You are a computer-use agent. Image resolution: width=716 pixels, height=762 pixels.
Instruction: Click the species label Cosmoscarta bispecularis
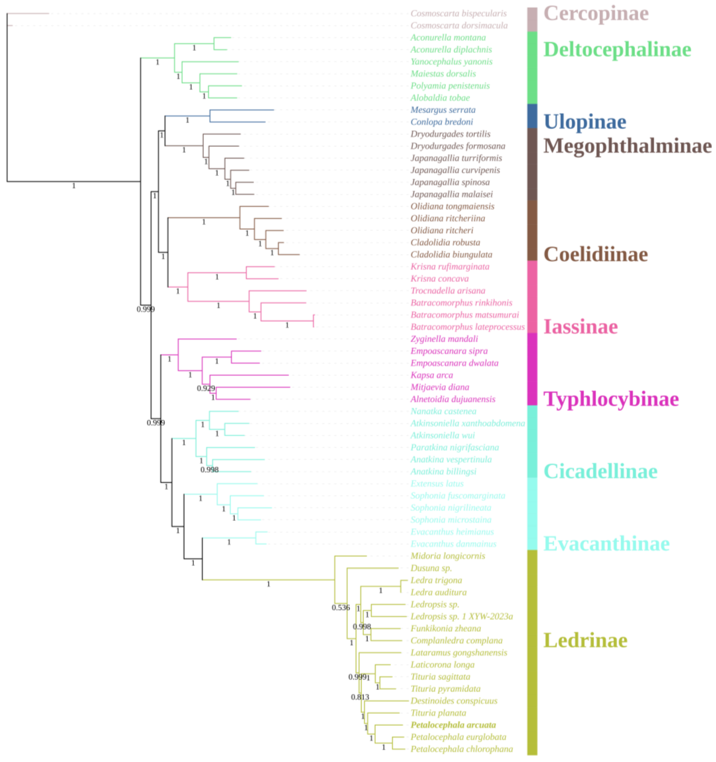[458, 13]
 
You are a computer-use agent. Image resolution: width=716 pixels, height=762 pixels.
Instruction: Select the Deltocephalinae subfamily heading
[617, 49]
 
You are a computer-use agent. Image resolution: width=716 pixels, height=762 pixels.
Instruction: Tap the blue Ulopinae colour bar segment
[532, 116]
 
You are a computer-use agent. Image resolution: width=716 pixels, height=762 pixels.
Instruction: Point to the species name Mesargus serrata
[443, 110]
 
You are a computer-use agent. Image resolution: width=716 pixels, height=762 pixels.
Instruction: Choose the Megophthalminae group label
[627, 146]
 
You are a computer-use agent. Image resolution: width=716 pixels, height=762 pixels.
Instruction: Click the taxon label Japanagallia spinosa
[450, 182]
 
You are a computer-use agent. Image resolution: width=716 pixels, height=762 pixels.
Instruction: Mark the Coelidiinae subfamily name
[595, 254]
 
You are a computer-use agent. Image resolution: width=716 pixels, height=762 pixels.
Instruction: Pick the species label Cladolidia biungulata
[451, 254]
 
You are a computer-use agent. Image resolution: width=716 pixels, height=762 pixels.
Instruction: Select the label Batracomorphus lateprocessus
[467, 327]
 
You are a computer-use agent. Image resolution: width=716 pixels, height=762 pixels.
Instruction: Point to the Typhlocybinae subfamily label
[611, 399]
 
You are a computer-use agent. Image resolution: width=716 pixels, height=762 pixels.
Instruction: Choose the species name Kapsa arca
[432, 375]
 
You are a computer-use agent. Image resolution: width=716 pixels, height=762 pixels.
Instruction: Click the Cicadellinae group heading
[600, 471]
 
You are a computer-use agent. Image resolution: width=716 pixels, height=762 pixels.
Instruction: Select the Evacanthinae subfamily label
[606, 543]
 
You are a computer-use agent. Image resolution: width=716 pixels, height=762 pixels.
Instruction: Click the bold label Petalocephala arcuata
[453, 725]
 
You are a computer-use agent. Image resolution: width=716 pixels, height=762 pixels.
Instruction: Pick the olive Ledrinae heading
[585, 640]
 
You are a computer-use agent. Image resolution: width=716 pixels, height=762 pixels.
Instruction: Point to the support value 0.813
[360, 697]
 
